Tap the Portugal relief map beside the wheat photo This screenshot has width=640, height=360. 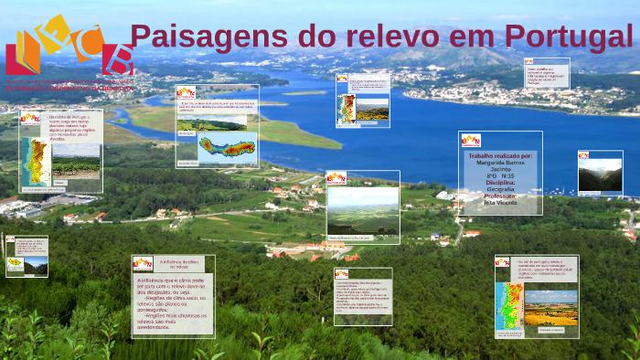tap(508, 306)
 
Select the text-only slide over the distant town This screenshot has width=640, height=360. tap(547, 73)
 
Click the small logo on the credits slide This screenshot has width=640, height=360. tap(471, 141)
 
